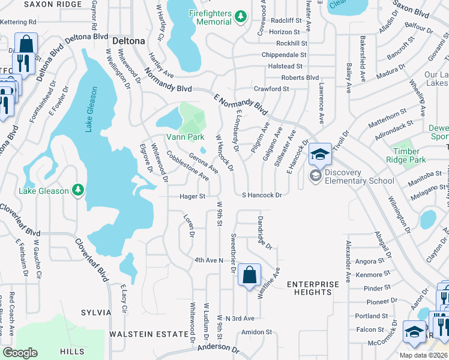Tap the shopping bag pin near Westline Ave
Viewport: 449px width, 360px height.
249,275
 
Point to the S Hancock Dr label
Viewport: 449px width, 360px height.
262,195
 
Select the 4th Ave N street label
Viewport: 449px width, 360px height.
208,260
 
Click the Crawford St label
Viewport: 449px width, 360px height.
271,89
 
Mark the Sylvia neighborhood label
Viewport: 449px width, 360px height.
96,313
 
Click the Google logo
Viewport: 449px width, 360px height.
20,353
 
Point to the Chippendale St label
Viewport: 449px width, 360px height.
284,55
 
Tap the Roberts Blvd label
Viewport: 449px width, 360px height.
300,77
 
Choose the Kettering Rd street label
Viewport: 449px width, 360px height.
18,22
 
